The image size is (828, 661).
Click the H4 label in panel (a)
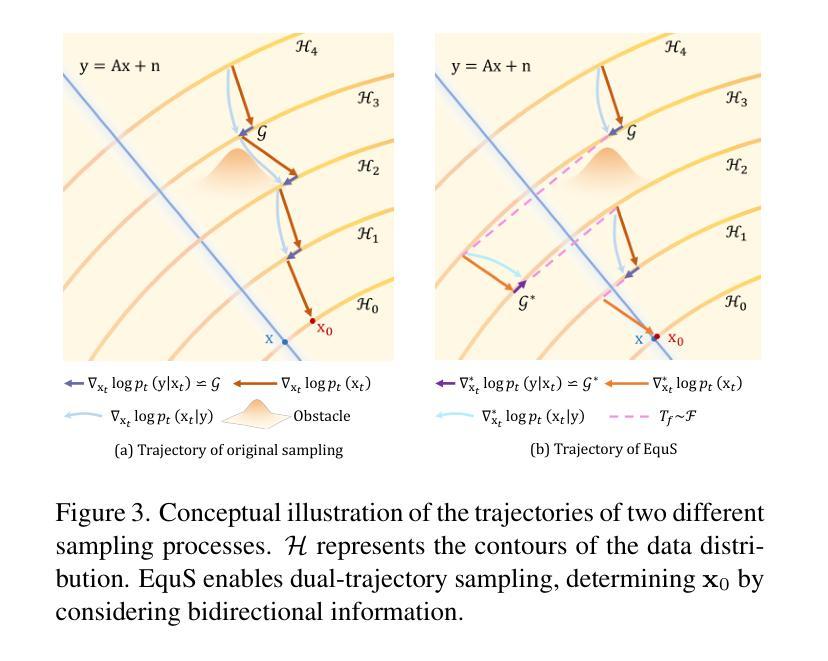[306, 46]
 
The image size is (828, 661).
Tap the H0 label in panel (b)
[735, 302]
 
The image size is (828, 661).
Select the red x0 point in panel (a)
[312, 321]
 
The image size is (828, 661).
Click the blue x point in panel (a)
[285, 342]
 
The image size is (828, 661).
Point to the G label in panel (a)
[262, 132]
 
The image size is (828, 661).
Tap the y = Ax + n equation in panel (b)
[490, 67]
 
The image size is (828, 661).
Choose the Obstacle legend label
[322, 415]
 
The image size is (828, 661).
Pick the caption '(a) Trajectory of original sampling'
[229, 450]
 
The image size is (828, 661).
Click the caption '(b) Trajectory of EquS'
[603, 450]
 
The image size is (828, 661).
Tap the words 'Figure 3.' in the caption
[103, 514]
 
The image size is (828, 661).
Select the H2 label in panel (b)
[736, 166]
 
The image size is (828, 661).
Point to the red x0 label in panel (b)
[676, 339]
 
